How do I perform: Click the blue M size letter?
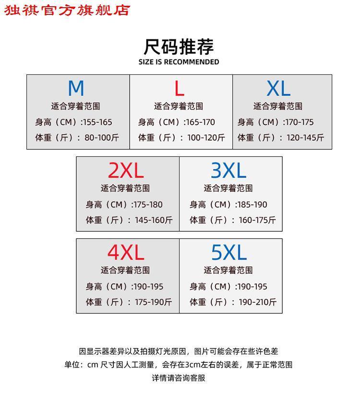[76, 88]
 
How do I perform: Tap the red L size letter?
[179, 88]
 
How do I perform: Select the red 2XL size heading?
[126, 170]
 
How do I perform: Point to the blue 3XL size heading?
[228, 170]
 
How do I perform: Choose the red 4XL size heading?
[126, 252]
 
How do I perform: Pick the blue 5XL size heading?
[229, 252]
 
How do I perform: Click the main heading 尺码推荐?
[179, 47]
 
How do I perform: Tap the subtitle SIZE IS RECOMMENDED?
[179, 62]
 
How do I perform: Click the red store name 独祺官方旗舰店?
[67, 11]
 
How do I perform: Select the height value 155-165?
[98, 122]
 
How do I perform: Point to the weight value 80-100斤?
[102, 137]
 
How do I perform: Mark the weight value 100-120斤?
[206, 137]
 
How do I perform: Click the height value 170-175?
[300, 122]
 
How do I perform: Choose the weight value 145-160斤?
[154, 220]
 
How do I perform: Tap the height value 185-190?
[252, 204]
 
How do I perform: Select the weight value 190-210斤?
[258, 302]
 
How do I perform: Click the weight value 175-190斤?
[153, 302]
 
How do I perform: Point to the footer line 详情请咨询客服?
[179, 378]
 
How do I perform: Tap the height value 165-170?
[201, 122]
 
